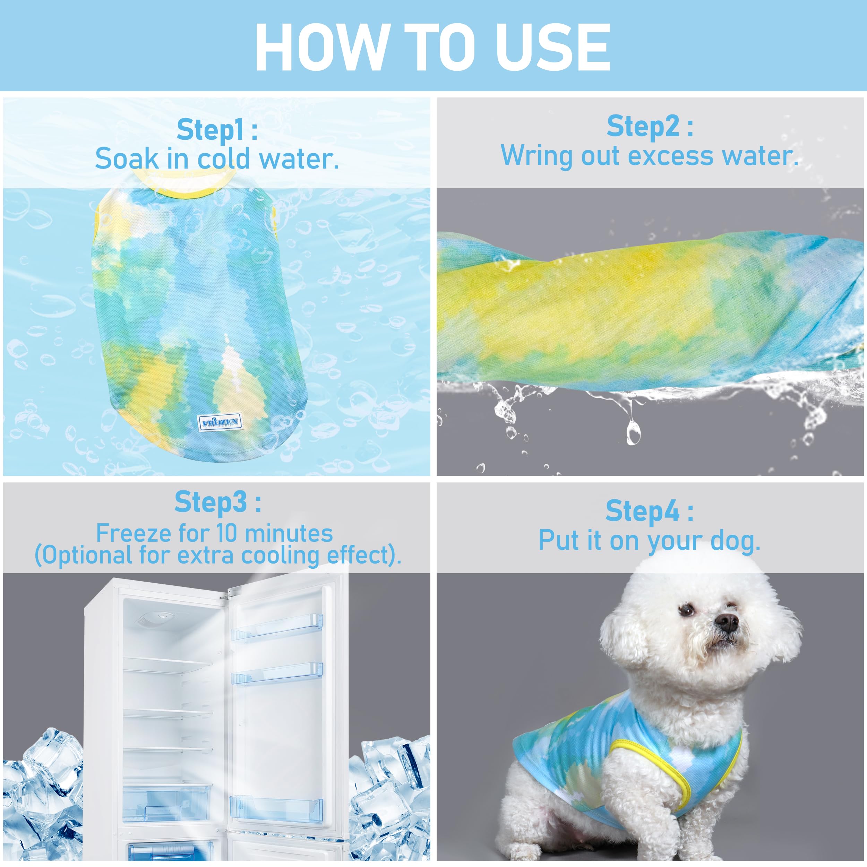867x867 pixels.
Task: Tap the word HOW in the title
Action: [x=321, y=47]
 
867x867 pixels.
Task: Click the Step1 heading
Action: [x=217, y=130]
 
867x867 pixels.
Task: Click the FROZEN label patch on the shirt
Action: [x=220, y=422]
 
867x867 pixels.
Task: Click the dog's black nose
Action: [x=727, y=623]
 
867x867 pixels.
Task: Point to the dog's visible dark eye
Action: [x=687, y=610]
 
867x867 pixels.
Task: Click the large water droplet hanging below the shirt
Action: [x=633, y=433]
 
